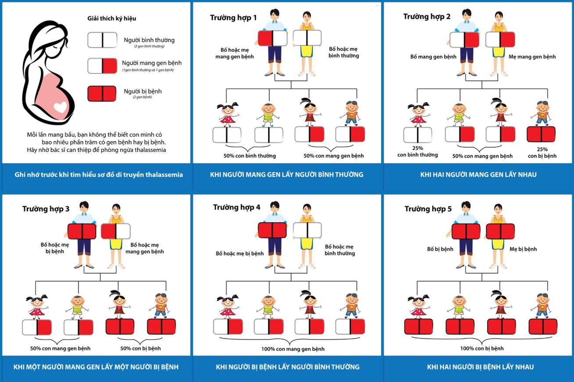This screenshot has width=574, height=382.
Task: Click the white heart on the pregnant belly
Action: tap(60, 107)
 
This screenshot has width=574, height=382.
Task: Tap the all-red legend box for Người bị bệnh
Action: tap(102, 94)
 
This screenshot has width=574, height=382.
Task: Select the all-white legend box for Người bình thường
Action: tap(102, 40)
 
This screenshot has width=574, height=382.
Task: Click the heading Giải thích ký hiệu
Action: tap(112, 18)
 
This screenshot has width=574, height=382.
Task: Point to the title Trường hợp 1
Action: tap(233, 18)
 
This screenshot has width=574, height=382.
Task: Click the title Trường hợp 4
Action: tap(237, 207)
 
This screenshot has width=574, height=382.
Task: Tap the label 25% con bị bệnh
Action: tap(542, 152)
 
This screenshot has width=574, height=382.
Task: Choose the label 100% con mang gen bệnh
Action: tap(293, 349)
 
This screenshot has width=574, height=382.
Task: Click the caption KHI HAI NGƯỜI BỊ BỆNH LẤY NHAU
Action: tap(481, 367)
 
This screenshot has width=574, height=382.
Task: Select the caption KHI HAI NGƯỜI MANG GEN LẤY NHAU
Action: tap(478, 175)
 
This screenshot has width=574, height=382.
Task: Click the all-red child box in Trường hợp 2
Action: tap(541, 134)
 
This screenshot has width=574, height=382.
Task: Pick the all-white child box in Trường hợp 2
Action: tap(418, 135)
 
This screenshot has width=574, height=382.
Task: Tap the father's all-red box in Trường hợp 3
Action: tap(82, 231)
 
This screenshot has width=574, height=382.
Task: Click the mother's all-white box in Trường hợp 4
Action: tap(307, 230)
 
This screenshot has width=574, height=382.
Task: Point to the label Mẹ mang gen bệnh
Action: tap(532, 57)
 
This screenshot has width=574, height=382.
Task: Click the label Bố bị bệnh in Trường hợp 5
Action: tap(440, 249)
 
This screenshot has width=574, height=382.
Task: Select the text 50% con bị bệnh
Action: tap(140, 349)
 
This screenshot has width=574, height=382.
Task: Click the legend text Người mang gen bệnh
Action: tap(152, 63)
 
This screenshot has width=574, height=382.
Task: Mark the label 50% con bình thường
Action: tap(250, 156)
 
